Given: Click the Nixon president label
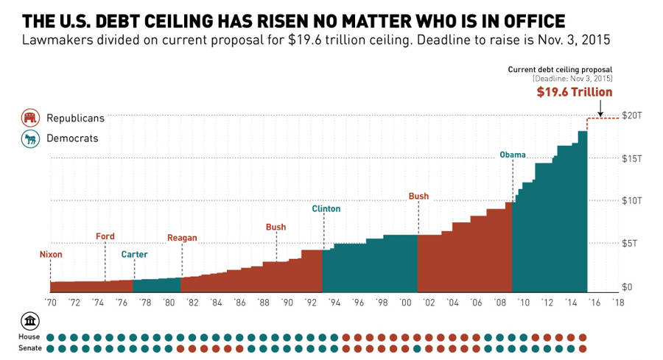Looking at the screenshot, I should (x=51, y=255).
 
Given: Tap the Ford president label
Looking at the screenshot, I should (x=105, y=236).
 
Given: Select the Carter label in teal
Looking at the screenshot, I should (x=134, y=255).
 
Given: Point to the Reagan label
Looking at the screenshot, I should (x=182, y=238).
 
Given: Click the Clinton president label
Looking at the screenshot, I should (x=326, y=209).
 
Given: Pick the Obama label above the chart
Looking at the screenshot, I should (x=513, y=155).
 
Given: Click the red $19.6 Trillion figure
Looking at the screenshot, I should (x=574, y=93).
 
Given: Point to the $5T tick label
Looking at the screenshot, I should (x=634, y=244).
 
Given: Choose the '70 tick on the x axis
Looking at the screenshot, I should (x=51, y=303).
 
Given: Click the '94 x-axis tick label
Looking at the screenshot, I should (x=334, y=303).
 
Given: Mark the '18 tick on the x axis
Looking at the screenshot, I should (x=617, y=303).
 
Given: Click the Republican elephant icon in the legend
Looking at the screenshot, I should (x=31, y=118).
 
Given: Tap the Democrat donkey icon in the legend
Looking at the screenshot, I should (x=31, y=138).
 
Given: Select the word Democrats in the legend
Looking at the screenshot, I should (x=72, y=138).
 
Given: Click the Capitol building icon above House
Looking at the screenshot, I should (x=30, y=322).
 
